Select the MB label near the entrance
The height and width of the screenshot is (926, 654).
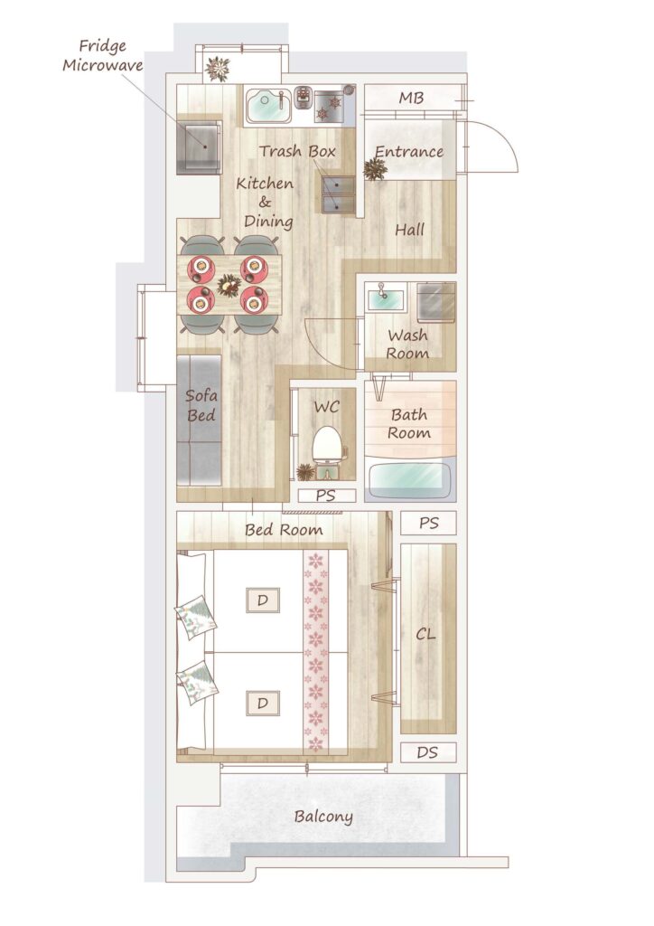(410, 98)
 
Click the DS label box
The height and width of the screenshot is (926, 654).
(428, 752)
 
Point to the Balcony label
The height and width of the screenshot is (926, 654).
(323, 817)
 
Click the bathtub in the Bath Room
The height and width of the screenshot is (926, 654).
(410, 479)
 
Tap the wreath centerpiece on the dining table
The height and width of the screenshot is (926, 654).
(229, 285)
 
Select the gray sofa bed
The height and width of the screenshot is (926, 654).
(199, 420)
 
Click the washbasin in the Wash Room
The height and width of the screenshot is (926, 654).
(385, 298)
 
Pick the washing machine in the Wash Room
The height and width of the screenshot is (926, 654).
(435, 303)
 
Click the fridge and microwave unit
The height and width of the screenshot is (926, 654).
(200, 147)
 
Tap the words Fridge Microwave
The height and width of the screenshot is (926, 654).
(103, 55)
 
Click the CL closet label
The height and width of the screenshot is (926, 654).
(425, 634)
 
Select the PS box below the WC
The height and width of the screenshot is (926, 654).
(326, 496)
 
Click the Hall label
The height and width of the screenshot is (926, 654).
(410, 229)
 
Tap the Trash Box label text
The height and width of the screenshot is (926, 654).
(297, 151)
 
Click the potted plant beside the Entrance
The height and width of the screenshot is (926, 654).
(375, 169)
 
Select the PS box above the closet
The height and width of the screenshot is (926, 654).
(429, 524)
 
